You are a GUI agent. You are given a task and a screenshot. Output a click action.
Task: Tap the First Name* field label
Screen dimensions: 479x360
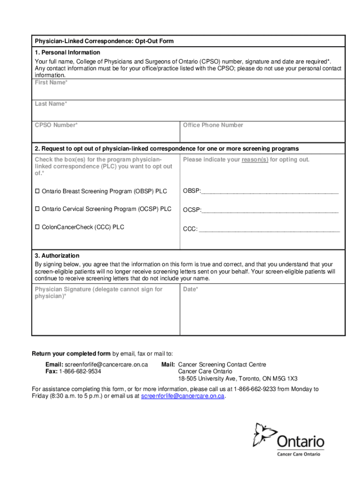[x=51, y=82]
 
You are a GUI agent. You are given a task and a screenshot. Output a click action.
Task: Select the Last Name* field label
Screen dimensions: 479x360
[x=50, y=104]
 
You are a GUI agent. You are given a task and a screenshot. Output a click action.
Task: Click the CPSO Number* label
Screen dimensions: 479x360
[x=56, y=125]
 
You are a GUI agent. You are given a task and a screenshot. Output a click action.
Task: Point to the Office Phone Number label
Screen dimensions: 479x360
[x=213, y=125]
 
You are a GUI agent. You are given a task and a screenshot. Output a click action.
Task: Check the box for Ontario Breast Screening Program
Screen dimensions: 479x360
[x=37, y=191]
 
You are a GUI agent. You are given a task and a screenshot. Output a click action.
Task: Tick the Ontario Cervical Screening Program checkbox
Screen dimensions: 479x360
[x=37, y=209]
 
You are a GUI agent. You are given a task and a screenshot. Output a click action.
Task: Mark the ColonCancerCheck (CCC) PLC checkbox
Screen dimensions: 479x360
[x=37, y=227]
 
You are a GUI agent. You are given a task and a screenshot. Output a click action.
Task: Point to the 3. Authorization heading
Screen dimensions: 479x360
[x=57, y=256]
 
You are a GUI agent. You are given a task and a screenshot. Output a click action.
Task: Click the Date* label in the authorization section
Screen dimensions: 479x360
[x=190, y=289]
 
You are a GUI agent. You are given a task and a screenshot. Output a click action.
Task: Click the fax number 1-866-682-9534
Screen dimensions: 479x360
[x=79, y=371]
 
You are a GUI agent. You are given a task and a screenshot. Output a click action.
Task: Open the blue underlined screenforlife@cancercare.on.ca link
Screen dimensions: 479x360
[x=183, y=396]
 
